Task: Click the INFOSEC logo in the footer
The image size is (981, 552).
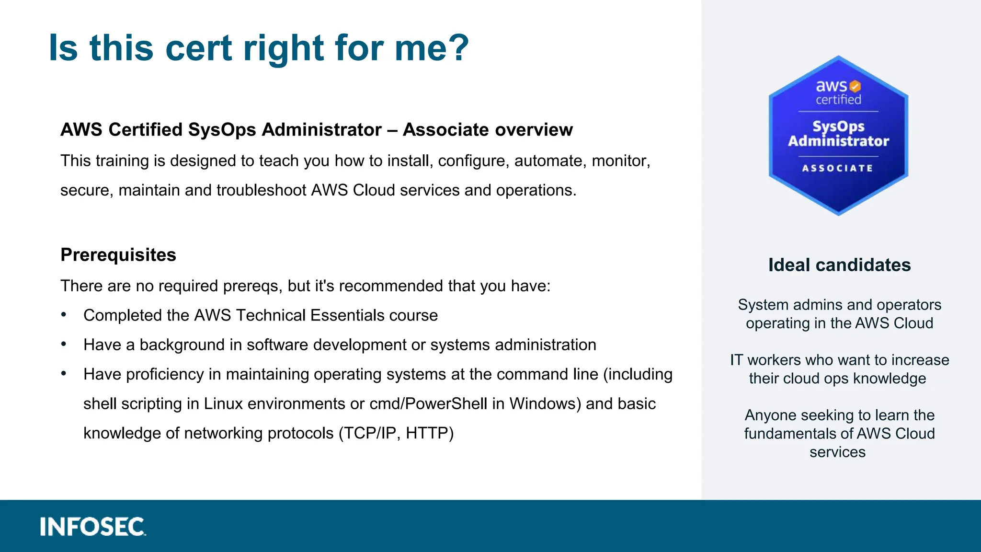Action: click(x=93, y=527)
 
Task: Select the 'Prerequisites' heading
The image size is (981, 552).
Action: click(x=118, y=255)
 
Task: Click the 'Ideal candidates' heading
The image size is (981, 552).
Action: click(x=839, y=265)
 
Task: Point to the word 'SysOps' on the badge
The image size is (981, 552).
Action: click(x=838, y=126)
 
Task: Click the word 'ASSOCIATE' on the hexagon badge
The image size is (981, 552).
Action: click(x=838, y=168)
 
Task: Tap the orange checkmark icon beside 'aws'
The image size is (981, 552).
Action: click(x=855, y=86)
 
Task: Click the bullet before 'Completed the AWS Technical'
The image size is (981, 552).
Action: click(x=64, y=314)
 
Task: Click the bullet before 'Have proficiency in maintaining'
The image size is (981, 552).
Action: click(x=64, y=373)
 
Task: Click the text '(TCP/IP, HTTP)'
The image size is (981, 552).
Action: click(x=396, y=433)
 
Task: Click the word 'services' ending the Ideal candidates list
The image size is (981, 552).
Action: click(x=837, y=452)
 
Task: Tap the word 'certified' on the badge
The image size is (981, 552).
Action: click(x=838, y=100)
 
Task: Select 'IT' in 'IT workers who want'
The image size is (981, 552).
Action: click(x=736, y=360)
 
